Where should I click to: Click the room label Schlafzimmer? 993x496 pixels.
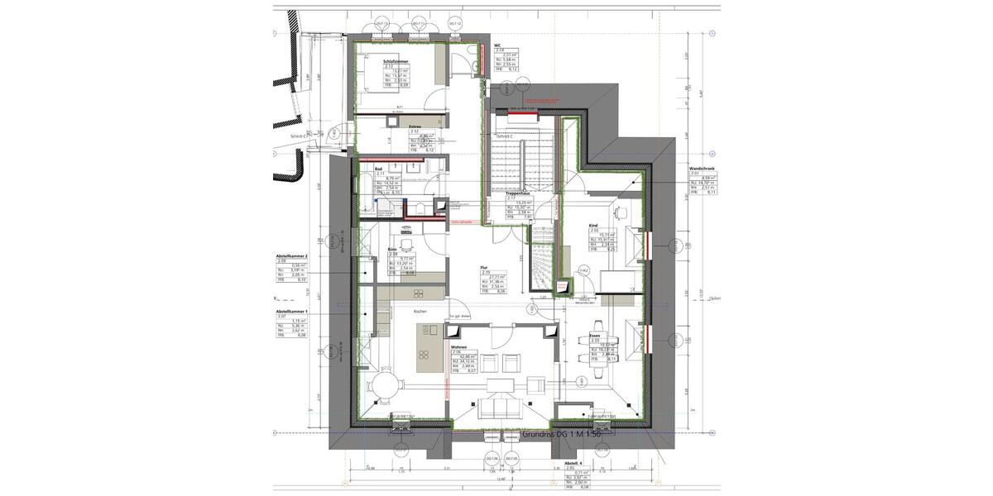point(396,61)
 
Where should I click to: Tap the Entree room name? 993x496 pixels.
point(415,126)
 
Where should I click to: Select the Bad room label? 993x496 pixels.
point(378,169)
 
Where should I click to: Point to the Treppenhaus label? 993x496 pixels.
point(518,193)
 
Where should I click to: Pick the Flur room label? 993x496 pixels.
point(484,268)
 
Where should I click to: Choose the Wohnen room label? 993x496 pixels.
point(458,347)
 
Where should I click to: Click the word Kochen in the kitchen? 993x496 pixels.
point(420,311)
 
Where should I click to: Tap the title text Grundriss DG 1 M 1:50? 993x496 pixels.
point(567,433)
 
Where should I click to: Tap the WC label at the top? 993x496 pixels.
point(497,45)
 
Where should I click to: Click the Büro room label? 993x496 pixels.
point(392,249)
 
